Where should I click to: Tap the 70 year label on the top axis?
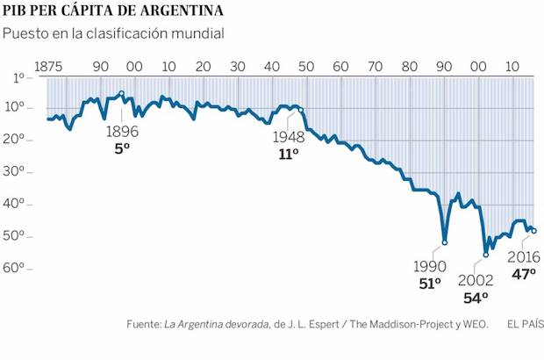[x=375, y=67]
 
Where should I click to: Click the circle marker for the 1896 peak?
[x=121, y=93]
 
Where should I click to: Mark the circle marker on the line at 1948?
[x=300, y=110]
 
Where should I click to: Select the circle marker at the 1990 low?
[x=445, y=242]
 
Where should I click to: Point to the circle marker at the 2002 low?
[x=486, y=255]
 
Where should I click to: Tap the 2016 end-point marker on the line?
[x=533, y=231]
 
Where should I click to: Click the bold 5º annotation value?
[x=122, y=148]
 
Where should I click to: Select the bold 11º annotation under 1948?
[x=289, y=154]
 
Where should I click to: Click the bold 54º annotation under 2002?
[x=475, y=297]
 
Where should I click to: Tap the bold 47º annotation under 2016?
[x=524, y=273]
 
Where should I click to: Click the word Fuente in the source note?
[x=143, y=325]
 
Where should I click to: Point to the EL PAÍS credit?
[x=525, y=325]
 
